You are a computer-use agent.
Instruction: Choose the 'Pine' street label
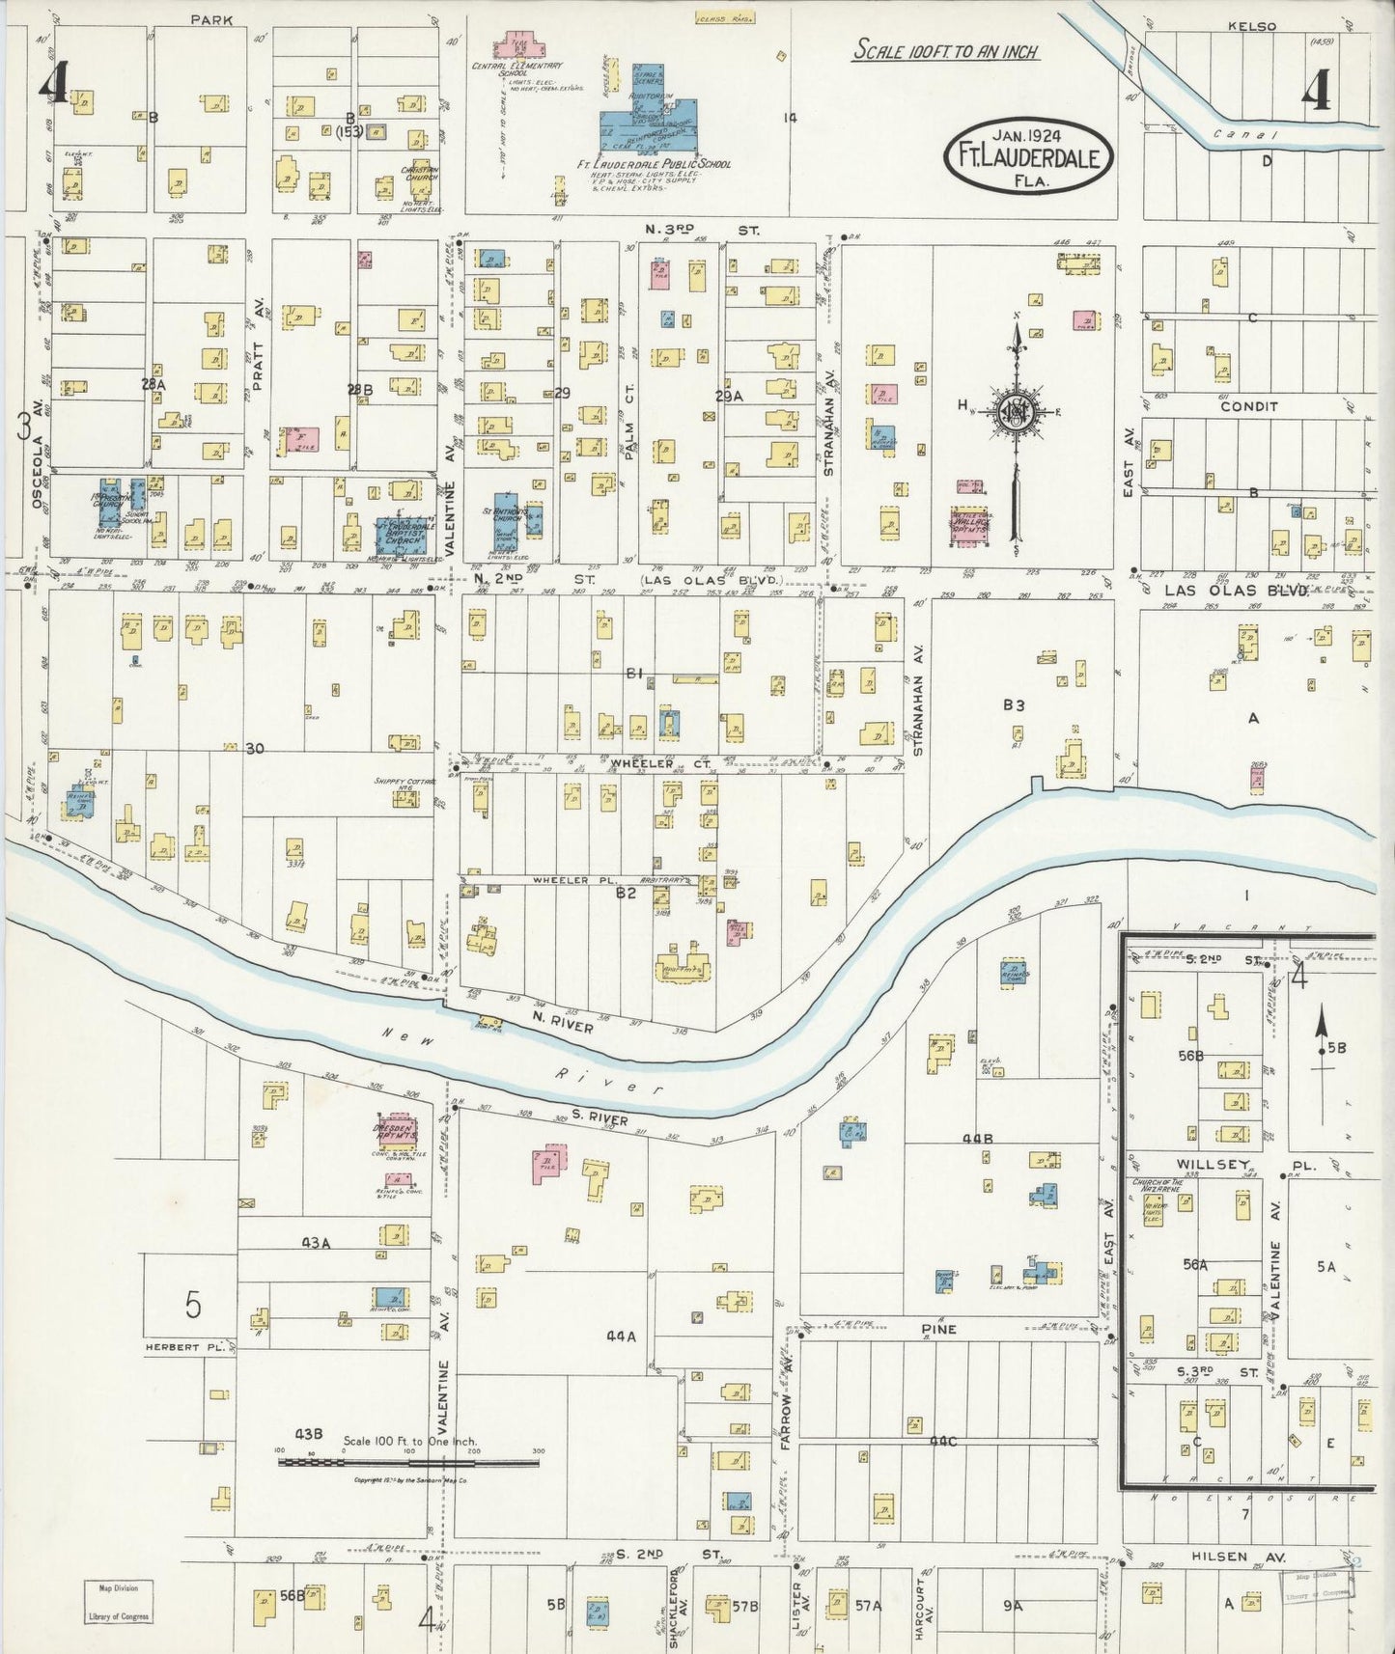(937, 1329)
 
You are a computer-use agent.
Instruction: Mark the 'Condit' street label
(1248, 406)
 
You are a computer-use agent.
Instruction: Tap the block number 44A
(621, 1337)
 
